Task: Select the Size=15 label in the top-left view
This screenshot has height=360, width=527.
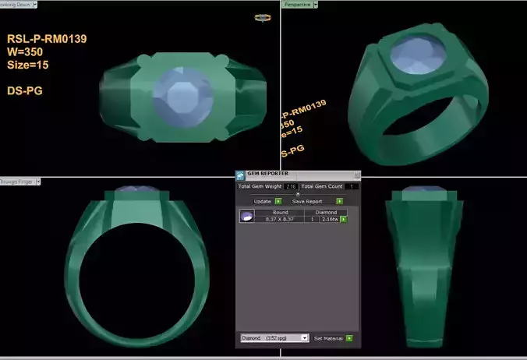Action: (28, 65)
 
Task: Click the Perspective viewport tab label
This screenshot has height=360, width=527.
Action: (296, 5)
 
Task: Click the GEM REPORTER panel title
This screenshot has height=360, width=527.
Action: (269, 174)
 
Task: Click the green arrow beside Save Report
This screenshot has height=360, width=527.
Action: (340, 201)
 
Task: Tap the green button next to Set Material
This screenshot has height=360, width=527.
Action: (348, 338)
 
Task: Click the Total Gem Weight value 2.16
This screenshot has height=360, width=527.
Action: (291, 187)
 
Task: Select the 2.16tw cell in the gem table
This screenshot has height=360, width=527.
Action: (331, 219)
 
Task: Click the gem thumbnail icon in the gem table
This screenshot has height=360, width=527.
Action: (246, 216)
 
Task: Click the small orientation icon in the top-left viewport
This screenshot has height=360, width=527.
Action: (262, 18)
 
